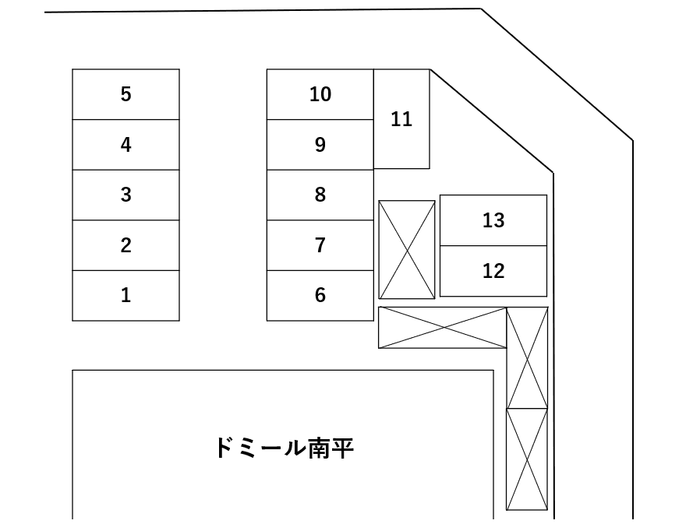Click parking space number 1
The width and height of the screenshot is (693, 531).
[126, 296]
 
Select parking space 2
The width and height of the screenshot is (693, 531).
[126, 245]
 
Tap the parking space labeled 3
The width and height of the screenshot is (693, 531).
[126, 195]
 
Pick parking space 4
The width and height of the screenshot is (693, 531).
[126, 145]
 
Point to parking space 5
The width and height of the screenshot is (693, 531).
[126, 94]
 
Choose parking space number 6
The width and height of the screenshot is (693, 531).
[320, 296]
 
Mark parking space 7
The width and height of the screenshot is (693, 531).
[320, 245]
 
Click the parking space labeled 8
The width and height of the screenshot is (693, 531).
[320, 195]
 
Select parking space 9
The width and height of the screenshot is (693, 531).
[320, 145]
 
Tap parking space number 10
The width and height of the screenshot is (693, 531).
[320, 94]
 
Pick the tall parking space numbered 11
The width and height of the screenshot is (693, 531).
[401, 119]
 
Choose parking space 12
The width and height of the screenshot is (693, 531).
[493, 271]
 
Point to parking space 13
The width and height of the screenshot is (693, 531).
[493, 220]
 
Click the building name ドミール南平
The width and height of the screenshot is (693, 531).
[284, 448]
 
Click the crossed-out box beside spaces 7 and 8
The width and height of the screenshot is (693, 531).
[407, 249]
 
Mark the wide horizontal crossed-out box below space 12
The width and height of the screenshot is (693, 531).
[442, 328]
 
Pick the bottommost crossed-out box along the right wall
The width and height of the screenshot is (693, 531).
[527, 459]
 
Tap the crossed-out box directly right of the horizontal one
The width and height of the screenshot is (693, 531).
[527, 357]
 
